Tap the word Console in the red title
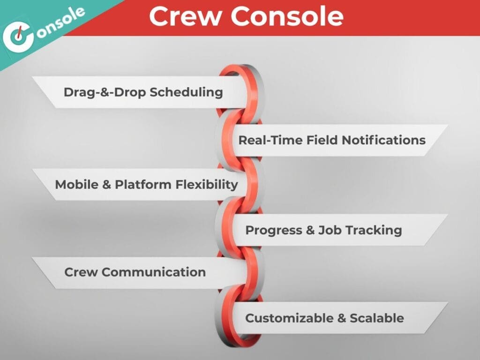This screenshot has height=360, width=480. pos(287,16)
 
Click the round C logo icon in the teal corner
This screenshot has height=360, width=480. pos(18,37)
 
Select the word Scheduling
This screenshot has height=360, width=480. pos(186,92)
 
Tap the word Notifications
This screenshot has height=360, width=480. pos(383,140)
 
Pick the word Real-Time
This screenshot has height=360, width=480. pos(270,140)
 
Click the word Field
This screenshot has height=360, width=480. pos(322,140)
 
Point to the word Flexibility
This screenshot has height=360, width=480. pos(207,185)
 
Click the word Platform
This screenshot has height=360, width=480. pos(143,185)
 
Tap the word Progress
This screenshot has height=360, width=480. pos(274,231)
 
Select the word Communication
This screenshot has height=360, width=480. pos(154,272)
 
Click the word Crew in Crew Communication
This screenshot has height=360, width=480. pos(81,272)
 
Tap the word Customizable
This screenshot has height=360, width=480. pos(289,318)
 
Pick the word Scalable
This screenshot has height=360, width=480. pos(377,318)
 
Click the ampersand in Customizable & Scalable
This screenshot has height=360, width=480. pos(342,318)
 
